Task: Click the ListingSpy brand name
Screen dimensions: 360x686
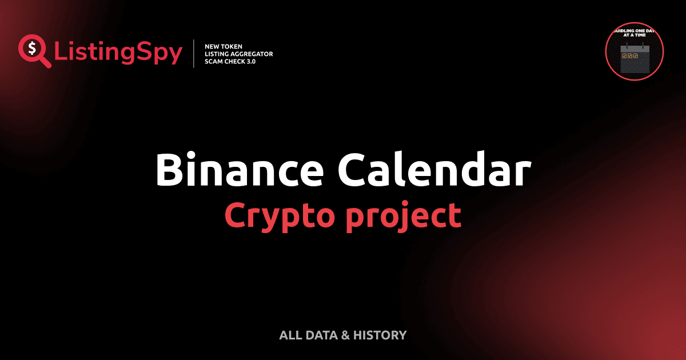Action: coord(118,53)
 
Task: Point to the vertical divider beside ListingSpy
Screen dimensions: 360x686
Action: coord(194,54)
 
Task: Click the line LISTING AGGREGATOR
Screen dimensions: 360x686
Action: coord(238,54)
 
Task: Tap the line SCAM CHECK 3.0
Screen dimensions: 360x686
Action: coord(230,62)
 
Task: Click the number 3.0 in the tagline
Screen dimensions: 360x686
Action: coord(250,62)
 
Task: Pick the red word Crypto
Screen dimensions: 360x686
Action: coord(278,215)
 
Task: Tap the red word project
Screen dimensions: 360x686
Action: coord(403,215)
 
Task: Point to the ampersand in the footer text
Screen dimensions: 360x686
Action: coord(345,335)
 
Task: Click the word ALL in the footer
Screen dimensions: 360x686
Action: coord(290,335)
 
